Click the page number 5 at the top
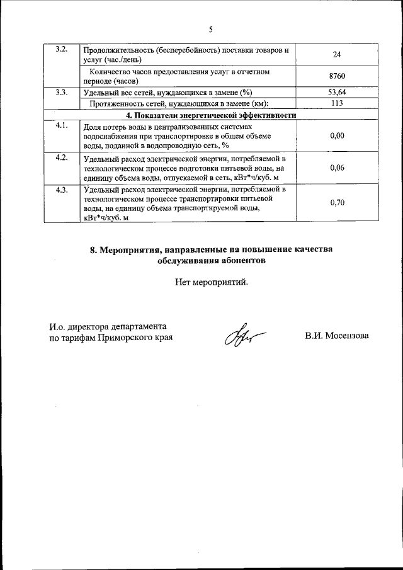click(212, 29)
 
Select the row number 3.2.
click(62, 50)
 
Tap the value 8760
click(337, 76)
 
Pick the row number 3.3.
click(62, 93)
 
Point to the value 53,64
click(337, 93)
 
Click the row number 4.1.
click(62, 125)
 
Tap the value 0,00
click(337, 135)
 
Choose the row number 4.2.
click(62, 157)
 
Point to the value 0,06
click(337, 168)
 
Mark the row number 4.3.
click(62, 190)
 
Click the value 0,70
click(337, 203)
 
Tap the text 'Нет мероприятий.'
click(212, 282)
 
